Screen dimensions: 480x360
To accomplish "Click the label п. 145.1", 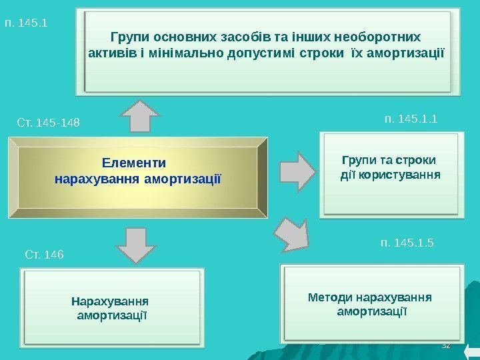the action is click(x=26, y=23).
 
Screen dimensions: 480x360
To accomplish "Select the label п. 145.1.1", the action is click(x=411, y=119).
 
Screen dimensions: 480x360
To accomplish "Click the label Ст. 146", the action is click(x=44, y=253).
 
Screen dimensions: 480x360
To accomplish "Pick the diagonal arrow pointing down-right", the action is click(x=292, y=233).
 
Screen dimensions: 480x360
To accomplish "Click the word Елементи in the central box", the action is click(x=134, y=163).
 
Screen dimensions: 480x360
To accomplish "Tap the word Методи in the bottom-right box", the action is click(x=331, y=296).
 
